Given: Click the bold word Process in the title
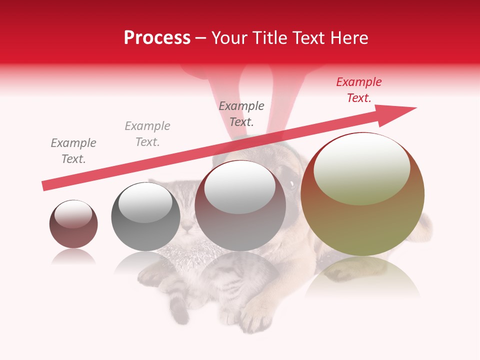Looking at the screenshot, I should point(157,38).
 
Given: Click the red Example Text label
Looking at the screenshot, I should point(359,90).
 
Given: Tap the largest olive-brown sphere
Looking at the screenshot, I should point(362,220).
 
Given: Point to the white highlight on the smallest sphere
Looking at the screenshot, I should point(73,213).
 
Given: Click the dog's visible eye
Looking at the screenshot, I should point(292,184).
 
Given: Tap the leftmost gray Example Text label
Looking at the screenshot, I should point(73,151).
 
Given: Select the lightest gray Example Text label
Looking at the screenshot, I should point(147,134).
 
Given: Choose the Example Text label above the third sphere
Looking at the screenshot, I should point(241,113).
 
